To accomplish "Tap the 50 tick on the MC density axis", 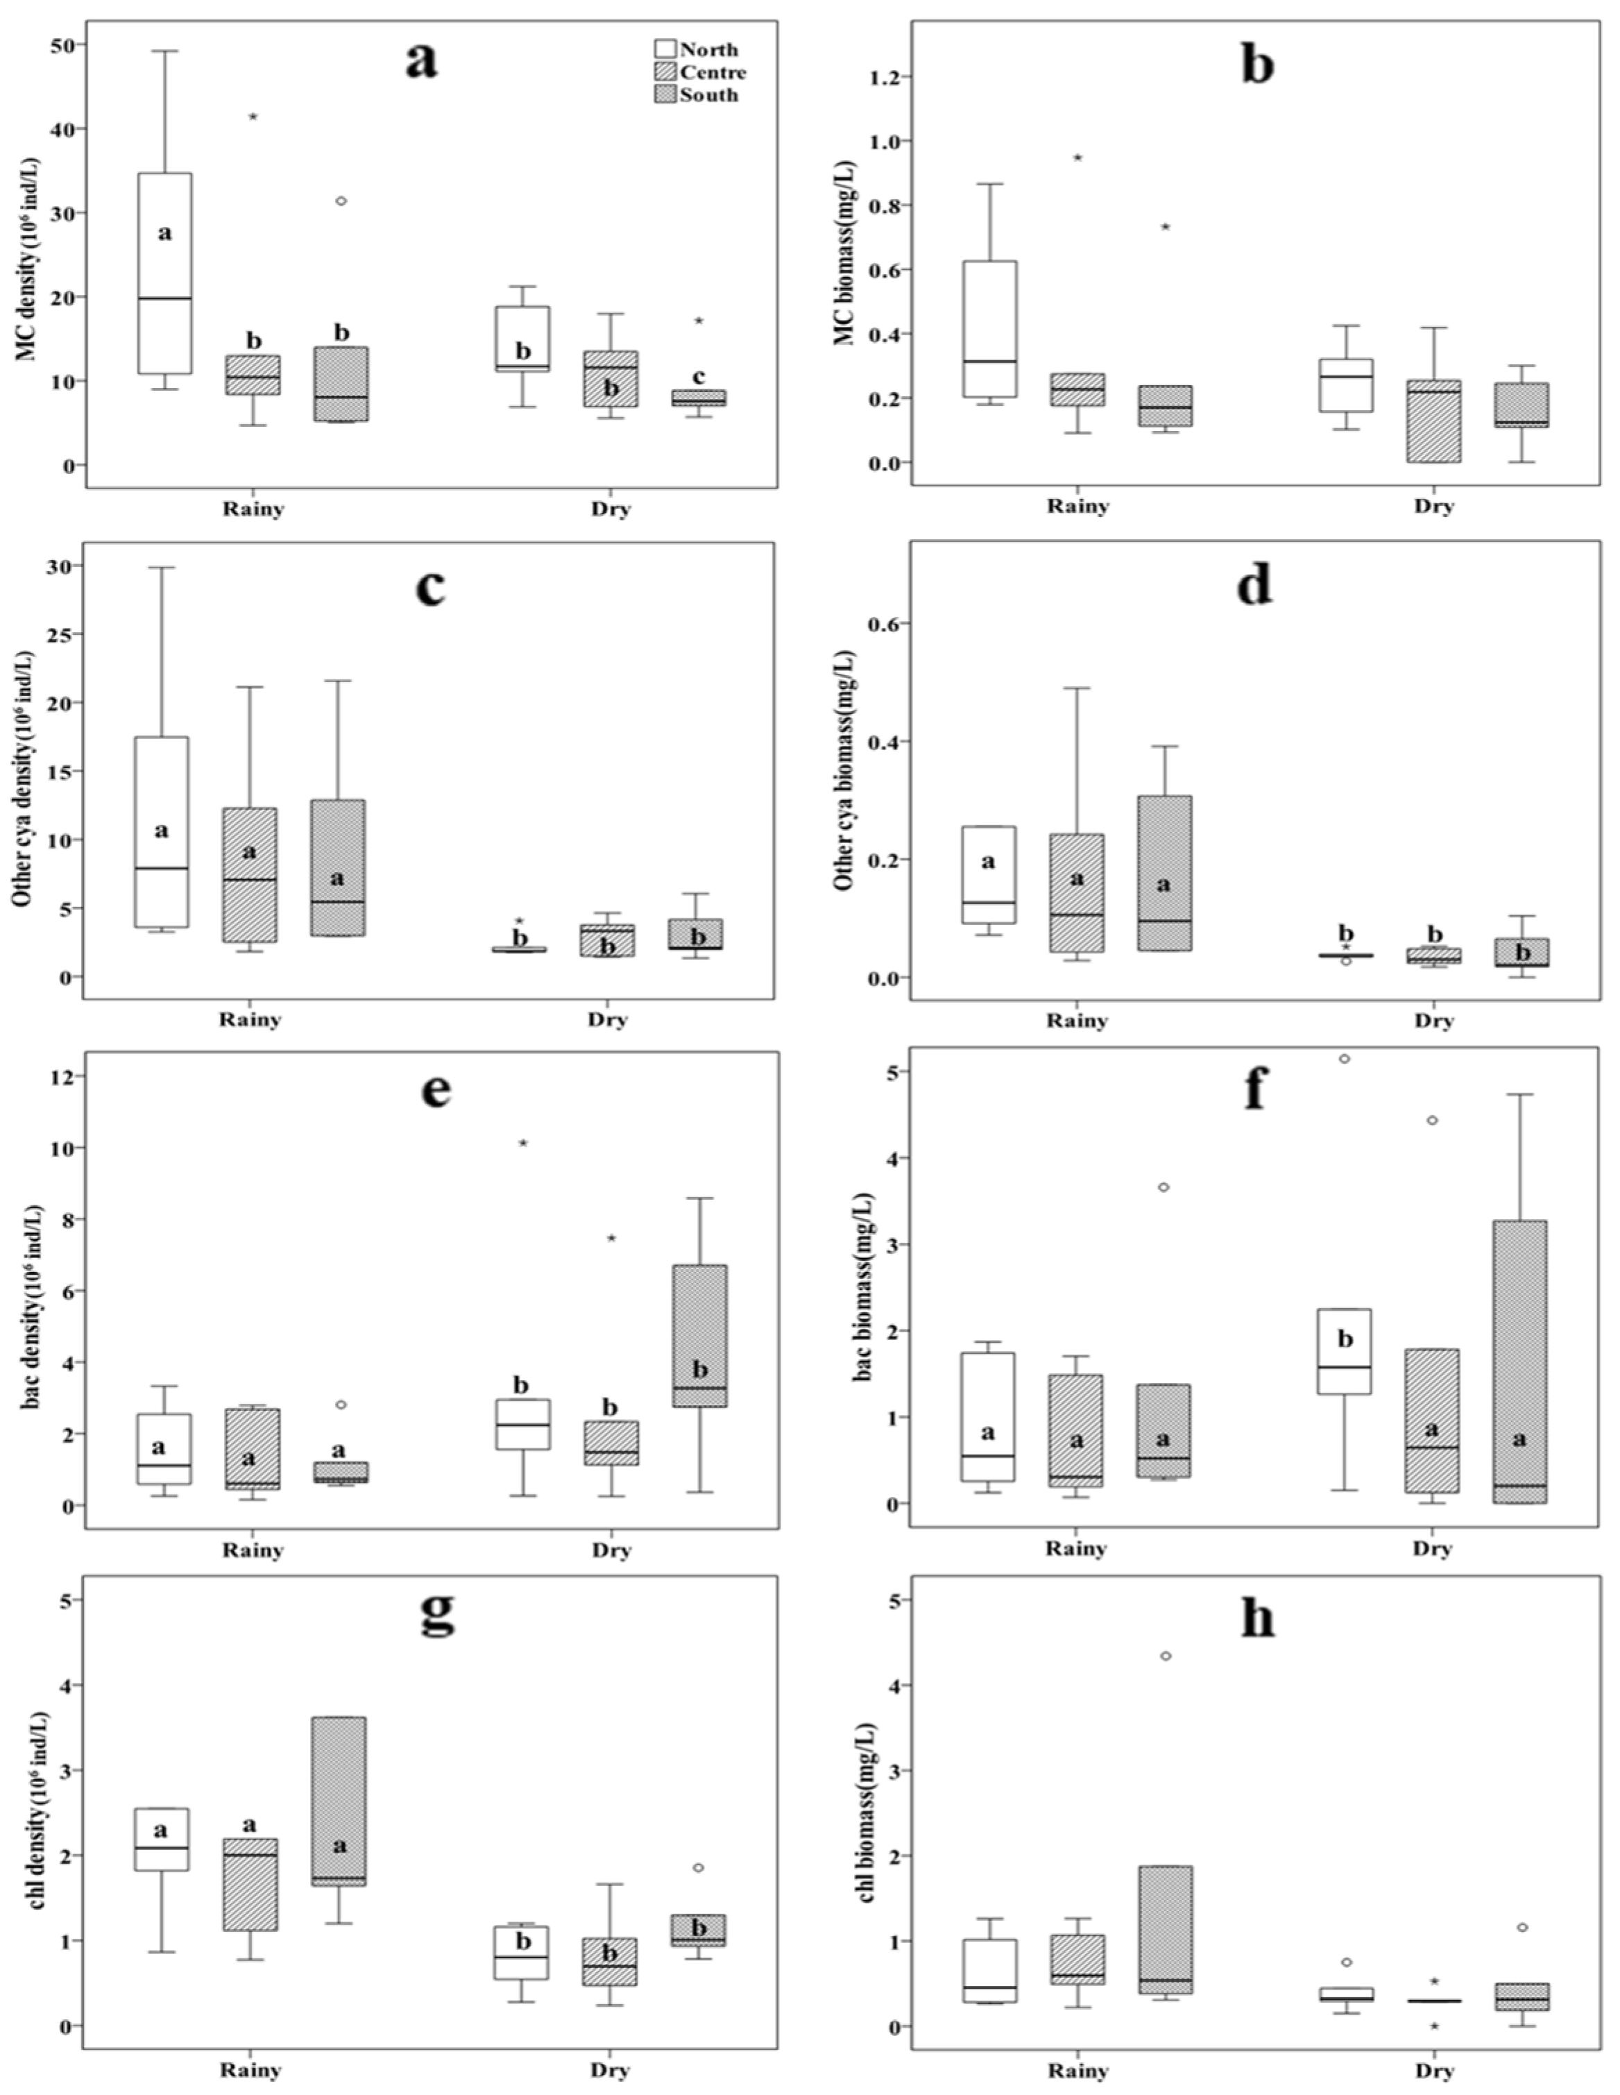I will [x=62, y=45].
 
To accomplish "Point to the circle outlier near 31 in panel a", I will [x=341, y=201].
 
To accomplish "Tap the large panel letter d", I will [x=1254, y=584].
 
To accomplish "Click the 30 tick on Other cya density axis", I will [x=62, y=566].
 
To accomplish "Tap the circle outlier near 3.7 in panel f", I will [x=1163, y=1187].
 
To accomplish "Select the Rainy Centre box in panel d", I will [x=1076, y=893].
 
